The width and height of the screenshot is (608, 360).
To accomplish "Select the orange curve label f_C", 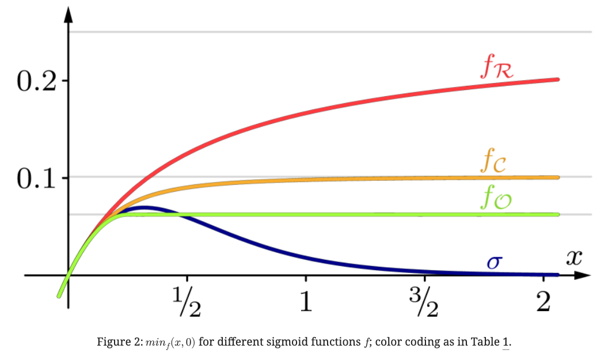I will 494,162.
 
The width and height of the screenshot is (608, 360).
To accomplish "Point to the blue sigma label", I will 494,263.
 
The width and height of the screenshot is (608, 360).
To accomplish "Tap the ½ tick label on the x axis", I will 187,302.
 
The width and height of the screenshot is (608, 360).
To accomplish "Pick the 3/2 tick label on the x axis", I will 425,302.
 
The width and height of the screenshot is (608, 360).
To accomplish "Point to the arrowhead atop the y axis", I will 69,16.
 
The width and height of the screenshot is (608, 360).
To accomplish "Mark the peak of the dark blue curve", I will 144,207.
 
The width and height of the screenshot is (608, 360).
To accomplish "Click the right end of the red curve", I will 557,79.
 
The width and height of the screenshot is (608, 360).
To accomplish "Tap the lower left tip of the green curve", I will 59,296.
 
